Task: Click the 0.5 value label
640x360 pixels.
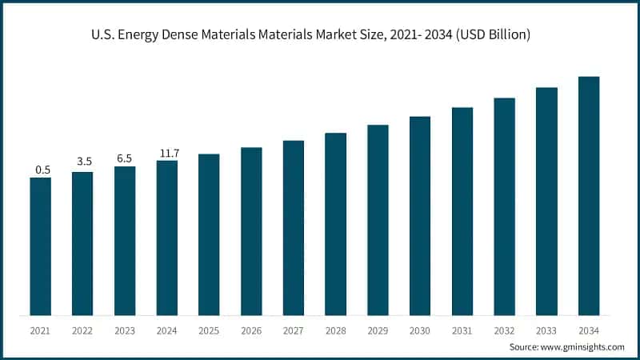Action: click(x=42, y=170)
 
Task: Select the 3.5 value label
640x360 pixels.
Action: click(x=84, y=162)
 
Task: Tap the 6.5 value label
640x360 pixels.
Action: click(x=125, y=158)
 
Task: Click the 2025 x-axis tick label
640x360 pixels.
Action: click(x=209, y=330)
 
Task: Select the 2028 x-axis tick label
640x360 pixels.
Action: click(x=335, y=330)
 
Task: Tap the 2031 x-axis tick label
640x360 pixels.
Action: click(x=462, y=330)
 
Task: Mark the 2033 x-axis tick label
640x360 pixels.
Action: click(x=546, y=330)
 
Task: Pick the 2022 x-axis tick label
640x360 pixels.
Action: click(x=82, y=330)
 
